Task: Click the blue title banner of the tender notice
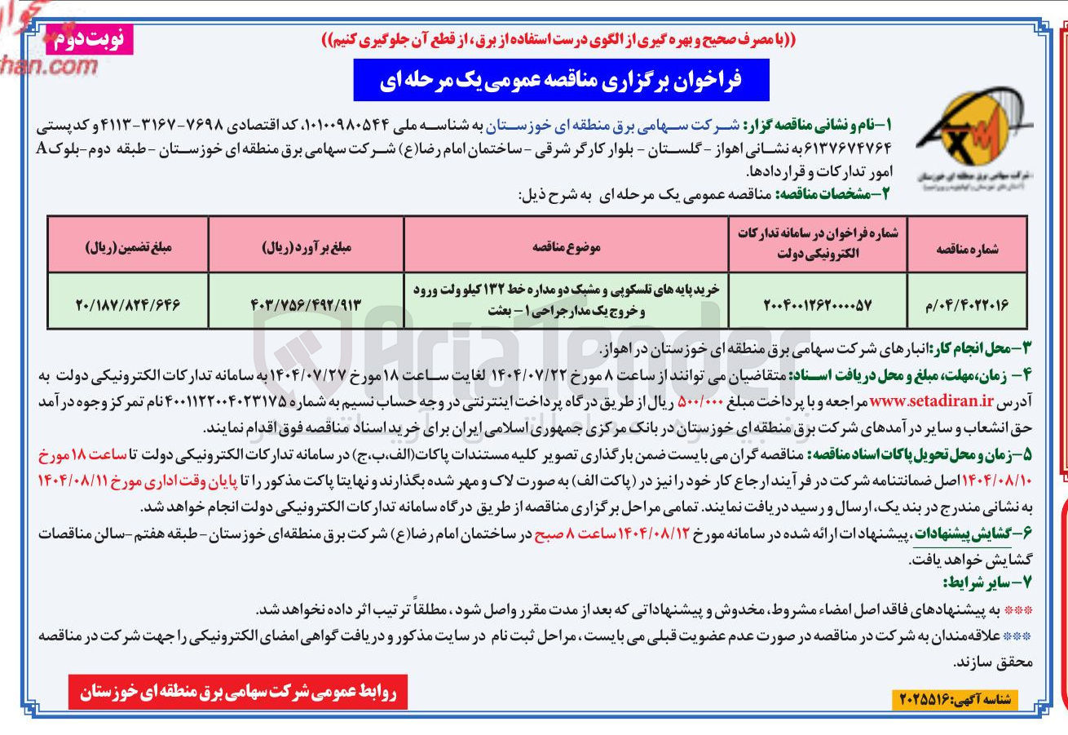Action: point(561,80)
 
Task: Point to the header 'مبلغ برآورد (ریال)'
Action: point(306,244)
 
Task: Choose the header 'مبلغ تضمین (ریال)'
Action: point(129,244)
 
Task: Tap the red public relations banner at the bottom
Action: point(237,693)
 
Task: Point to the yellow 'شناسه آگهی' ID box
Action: point(955,699)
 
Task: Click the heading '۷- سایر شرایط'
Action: point(987,582)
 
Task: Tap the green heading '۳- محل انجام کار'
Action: point(980,350)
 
